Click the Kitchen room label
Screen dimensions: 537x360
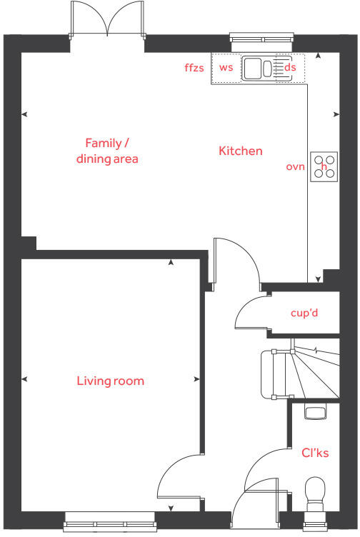pyautogui.click(x=240, y=151)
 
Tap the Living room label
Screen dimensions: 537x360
pyautogui.click(x=110, y=381)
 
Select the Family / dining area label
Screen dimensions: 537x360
pyautogui.click(x=107, y=151)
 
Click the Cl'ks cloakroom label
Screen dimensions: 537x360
pyautogui.click(x=315, y=453)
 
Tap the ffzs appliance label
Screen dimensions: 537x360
pyautogui.click(x=194, y=68)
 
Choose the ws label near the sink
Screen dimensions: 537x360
pyautogui.click(x=226, y=68)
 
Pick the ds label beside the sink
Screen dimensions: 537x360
pyautogui.click(x=290, y=68)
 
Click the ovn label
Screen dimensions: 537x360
pyautogui.click(x=295, y=166)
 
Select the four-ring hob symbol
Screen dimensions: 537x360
pyautogui.click(x=324, y=166)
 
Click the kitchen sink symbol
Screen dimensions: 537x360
pyautogui.click(x=261, y=69)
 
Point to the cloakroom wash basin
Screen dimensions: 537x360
pyautogui.click(x=314, y=410)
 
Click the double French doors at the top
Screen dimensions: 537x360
pyautogui.click(x=107, y=20)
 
